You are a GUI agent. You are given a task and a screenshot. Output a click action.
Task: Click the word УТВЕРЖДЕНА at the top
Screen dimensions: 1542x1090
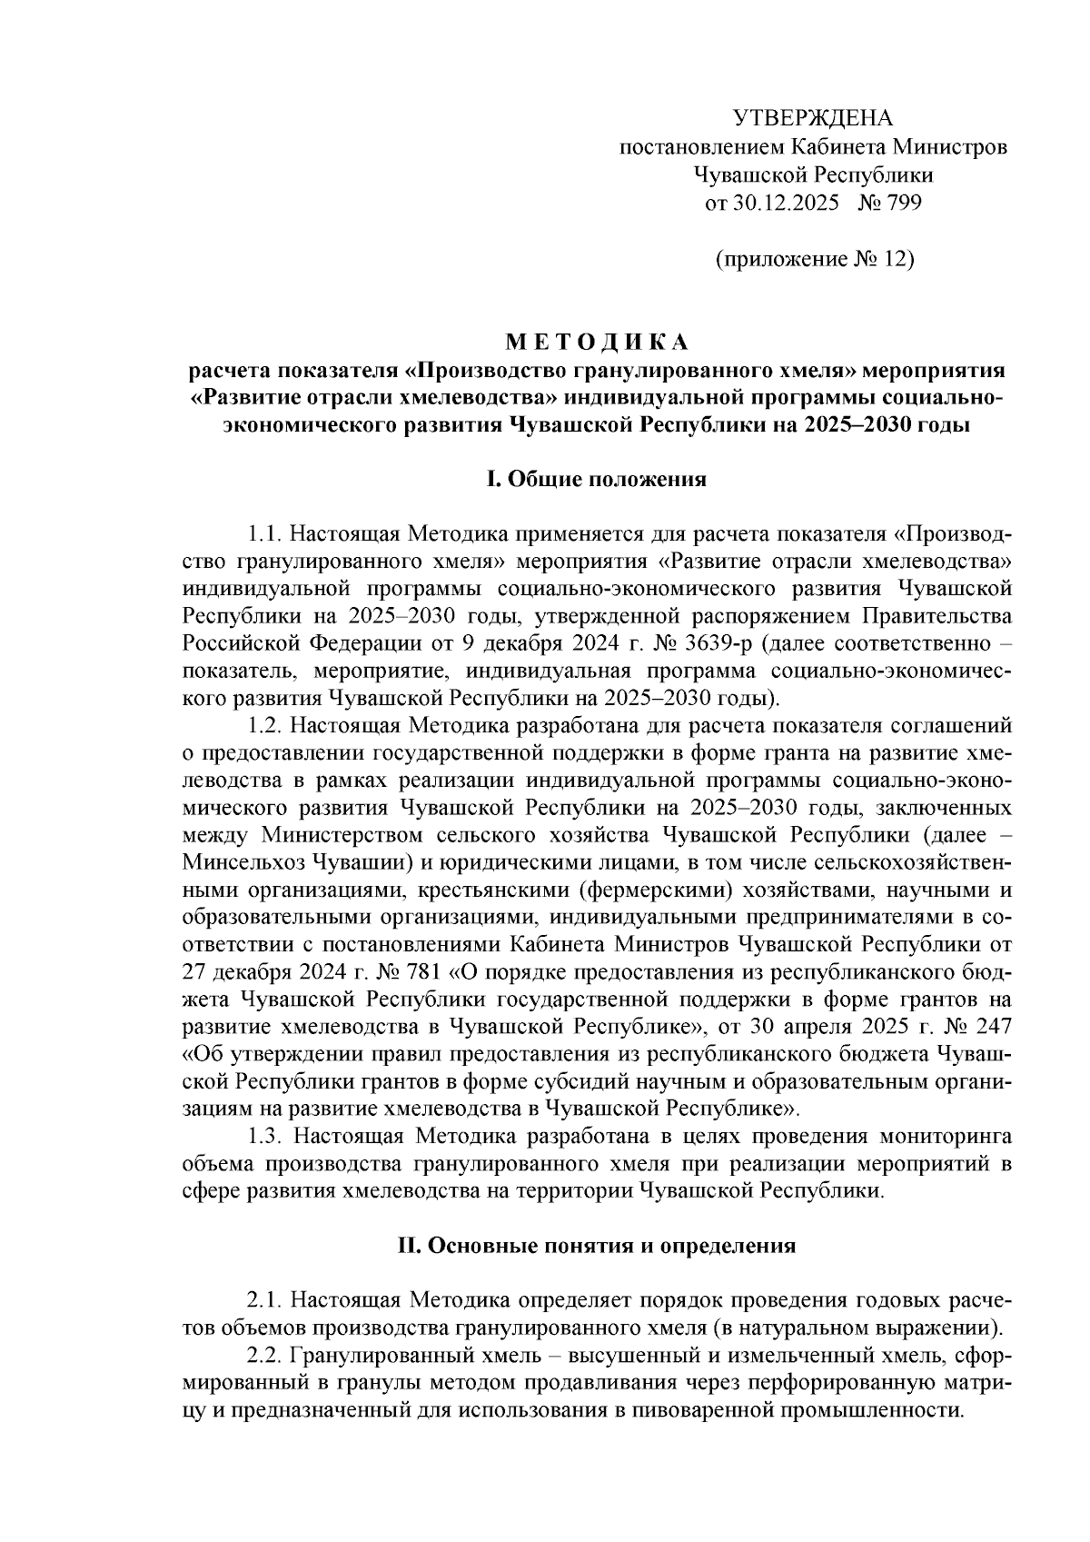coord(813,118)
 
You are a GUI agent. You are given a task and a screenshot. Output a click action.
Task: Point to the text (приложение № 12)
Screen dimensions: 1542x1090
coord(813,260)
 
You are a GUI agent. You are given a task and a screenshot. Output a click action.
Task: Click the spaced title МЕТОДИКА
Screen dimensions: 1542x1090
coord(597,342)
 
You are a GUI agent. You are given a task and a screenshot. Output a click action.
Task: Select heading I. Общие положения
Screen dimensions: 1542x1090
coord(597,480)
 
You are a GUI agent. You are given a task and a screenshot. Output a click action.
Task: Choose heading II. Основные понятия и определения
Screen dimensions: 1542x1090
coord(597,1245)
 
